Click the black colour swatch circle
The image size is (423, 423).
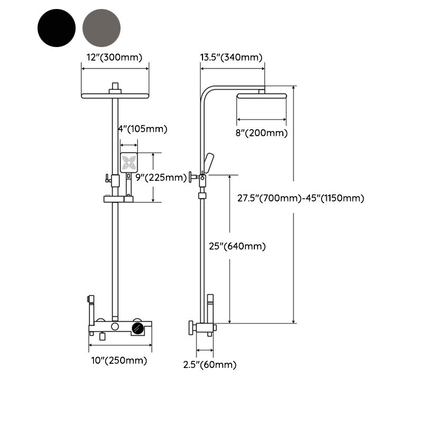[x=57, y=27]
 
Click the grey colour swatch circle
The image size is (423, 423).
[x=102, y=27]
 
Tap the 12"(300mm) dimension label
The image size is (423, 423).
[x=114, y=57]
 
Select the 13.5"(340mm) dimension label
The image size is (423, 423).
[x=231, y=57]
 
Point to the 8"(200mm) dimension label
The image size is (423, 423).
[x=262, y=133]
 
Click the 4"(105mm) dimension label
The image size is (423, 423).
[x=142, y=128]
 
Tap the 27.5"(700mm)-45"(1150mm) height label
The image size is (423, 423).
[x=300, y=198]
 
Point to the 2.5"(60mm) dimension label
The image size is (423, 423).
[x=210, y=364]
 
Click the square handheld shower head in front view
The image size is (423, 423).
[x=129, y=162]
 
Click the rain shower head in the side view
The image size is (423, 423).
[x=262, y=96]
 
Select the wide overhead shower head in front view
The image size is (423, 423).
[x=115, y=96]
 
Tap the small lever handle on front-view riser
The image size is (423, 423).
[x=107, y=178]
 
